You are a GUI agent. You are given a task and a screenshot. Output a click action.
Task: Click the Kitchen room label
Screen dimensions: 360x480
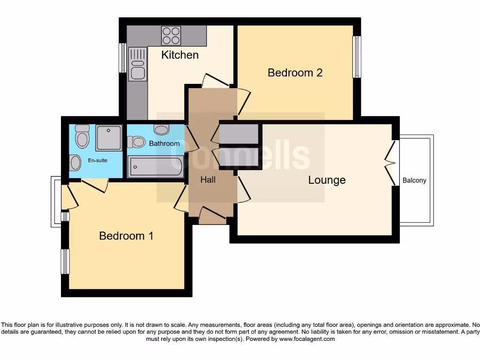(180, 55)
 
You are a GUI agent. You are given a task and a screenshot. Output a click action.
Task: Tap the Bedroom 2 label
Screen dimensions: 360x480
(295, 73)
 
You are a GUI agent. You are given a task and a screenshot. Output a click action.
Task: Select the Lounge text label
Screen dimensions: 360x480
(327, 180)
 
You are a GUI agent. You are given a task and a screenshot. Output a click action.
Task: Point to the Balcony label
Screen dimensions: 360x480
(414, 180)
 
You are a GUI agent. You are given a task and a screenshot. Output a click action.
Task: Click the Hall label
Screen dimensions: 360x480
(208, 180)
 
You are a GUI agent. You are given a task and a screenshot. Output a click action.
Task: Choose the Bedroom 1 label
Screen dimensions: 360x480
(126, 236)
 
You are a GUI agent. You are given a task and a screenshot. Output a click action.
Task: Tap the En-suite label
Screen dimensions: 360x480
(97, 160)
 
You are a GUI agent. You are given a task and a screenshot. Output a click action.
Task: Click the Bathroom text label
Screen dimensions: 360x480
(164, 143)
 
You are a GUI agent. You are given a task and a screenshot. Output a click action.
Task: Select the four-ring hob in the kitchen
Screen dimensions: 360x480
(171, 35)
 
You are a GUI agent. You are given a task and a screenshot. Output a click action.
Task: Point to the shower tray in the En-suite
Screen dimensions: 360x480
(109, 137)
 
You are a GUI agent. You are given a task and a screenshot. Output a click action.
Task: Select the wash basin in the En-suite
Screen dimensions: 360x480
(75, 163)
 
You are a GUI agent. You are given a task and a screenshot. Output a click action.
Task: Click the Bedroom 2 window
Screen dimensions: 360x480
(357, 57)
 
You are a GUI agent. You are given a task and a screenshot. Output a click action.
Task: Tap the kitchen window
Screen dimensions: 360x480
(123, 58)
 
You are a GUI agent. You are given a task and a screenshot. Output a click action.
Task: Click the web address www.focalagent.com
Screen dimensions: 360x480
(307, 339)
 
